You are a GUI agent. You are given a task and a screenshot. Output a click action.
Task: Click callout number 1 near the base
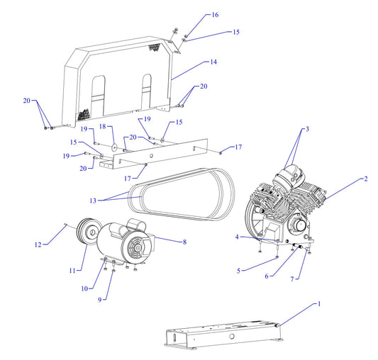tap(318, 303)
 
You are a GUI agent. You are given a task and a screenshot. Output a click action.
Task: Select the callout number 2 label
tap(365, 179)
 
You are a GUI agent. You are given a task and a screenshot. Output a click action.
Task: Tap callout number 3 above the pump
tap(307, 129)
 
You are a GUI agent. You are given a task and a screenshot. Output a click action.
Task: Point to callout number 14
tap(213, 62)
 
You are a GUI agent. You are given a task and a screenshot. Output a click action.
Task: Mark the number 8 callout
tap(184, 242)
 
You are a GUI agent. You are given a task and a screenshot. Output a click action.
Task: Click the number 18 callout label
tap(101, 126)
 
